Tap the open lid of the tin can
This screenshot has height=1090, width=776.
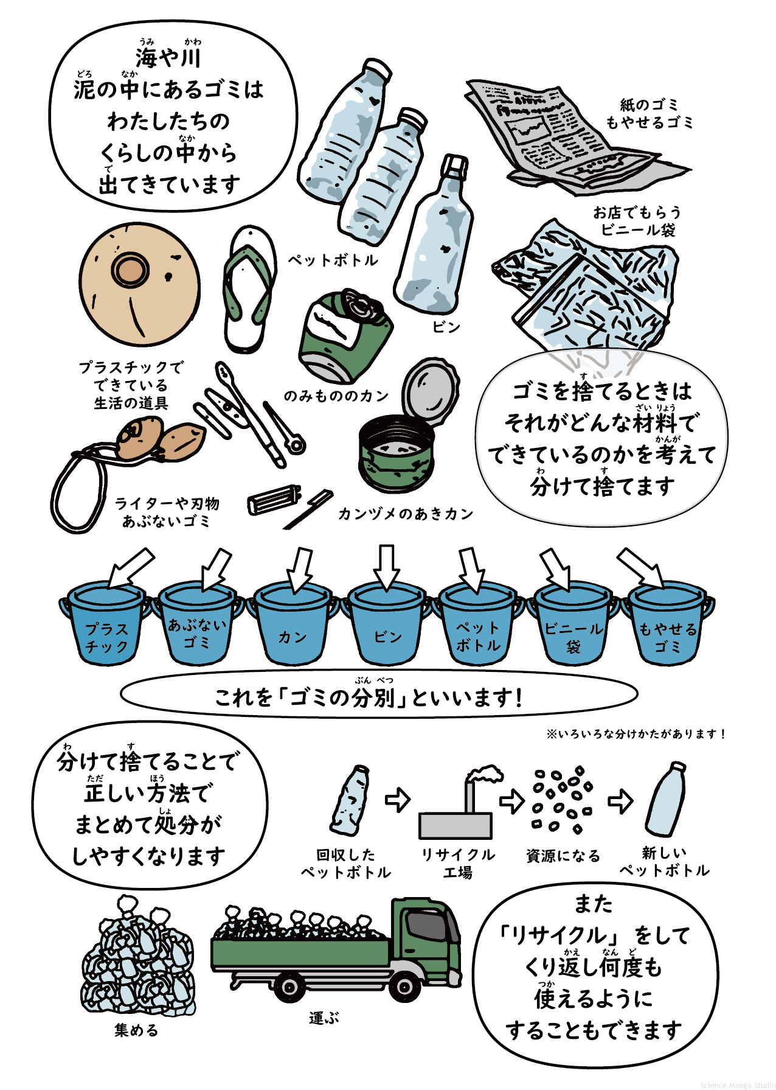pos(430,391)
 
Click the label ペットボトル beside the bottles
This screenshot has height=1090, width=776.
pos(333,260)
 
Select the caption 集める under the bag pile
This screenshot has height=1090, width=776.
pos(136,1030)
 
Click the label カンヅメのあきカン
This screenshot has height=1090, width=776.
pos(406,514)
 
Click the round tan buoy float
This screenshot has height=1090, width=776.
pos(139,284)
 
